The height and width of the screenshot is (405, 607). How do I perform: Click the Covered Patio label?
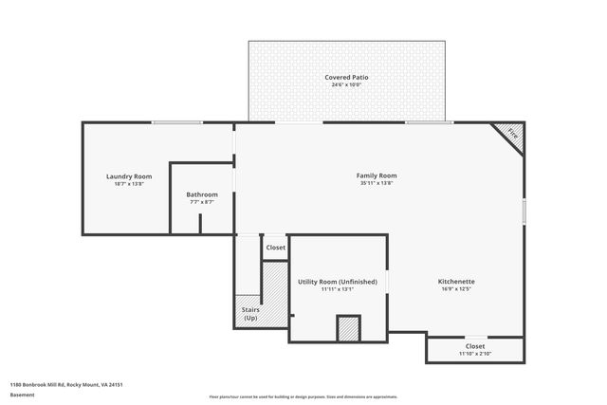pyautogui.click(x=346, y=77)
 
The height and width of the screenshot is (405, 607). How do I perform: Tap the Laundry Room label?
pyautogui.click(x=129, y=176)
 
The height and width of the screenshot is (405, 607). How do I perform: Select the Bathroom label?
pyautogui.click(x=202, y=194)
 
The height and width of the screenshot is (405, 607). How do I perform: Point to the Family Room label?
pyautogui.click(x=377, y=175)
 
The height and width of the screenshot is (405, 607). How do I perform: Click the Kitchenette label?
pyautogui.click(x=456, y=282)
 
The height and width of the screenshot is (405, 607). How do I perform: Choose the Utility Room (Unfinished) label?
pyautogui.click(x=338, y=282)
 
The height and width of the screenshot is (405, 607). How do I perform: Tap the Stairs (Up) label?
pyautogui.click(x=250, y=313)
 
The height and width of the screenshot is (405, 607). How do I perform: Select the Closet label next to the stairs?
pyautogui.click(x=275, y=248)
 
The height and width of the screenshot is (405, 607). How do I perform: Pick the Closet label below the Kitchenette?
pyautogui.click(x=475, y=346)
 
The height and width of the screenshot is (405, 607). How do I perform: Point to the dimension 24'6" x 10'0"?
pyautogui.click(x=346, y=85)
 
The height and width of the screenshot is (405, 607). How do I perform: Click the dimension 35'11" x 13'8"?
pyautogui.click(x=377, y=183)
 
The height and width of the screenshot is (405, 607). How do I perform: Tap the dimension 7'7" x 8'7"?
pyautogui.click(x=202, y=202)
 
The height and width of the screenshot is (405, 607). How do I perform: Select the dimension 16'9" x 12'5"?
pyautogui.click(x=456, y=289)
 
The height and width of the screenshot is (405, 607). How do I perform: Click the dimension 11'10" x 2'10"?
pyautogui.click(x=475, y=354)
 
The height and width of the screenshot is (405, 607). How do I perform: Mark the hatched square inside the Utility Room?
pyautogui.click(x=348, y=328)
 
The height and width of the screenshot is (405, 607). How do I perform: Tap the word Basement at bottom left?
pyautogui.click(x=21, y=394)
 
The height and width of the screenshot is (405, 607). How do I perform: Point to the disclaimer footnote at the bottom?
pyautogui.click(x=303, y=396)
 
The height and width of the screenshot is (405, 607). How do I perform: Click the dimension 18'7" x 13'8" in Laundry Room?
pyautogui.click(x=129, y=184)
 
